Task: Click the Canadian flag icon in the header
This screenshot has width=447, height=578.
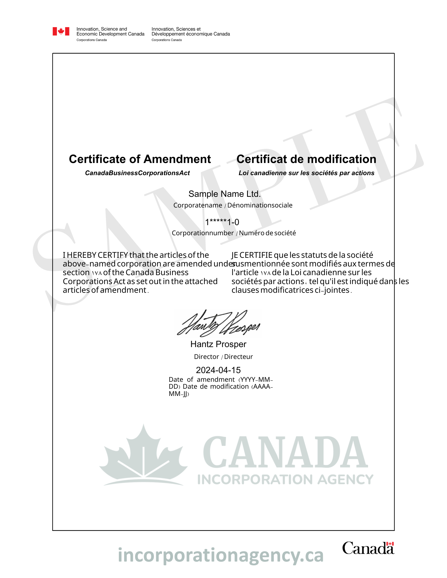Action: click(x=61, y=31)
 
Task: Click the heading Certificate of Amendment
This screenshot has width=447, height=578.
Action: click(x=140, y=159)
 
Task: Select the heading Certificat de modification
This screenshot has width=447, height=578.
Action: click(x=306, y=159)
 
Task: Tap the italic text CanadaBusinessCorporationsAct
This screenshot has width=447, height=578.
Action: click(x=137, y=173)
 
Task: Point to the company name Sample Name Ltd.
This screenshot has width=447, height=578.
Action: click(x=225, y=194)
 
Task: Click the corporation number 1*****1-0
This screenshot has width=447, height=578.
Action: click(x=222, y=222)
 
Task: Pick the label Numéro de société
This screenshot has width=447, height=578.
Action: click(x=267, y=233)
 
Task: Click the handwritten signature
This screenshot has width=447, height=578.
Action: click(x=218, y=323)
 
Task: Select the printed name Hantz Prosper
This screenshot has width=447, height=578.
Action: click(x=218, y=344)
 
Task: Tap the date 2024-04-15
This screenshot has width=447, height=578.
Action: click(x=218, y=370)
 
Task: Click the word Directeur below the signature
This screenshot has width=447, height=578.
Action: click(x=238, y=357)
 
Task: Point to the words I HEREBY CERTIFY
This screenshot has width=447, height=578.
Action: click(x=95, y=255)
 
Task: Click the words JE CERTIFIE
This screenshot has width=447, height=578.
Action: click(x=252, y=255)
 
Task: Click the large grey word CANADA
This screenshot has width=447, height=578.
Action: click(x=285, y=453)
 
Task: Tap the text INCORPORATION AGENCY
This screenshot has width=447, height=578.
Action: click(x=285, y=480)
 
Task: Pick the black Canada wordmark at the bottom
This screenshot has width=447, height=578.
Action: click(x=368, y=548)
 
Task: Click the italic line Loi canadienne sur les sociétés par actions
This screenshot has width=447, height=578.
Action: click(x=306, y=173)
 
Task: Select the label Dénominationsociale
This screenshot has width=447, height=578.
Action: click(x=260, y=205)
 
